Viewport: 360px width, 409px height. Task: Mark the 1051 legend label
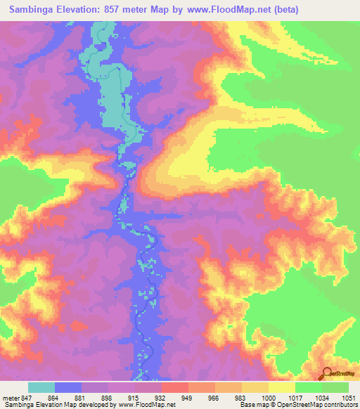point(348,398)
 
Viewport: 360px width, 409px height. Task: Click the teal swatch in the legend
point(41,387)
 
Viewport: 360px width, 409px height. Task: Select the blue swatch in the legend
point(68,387)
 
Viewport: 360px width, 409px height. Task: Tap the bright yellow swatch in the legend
point(281,387)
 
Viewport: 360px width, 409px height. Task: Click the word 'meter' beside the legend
point(11,398)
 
